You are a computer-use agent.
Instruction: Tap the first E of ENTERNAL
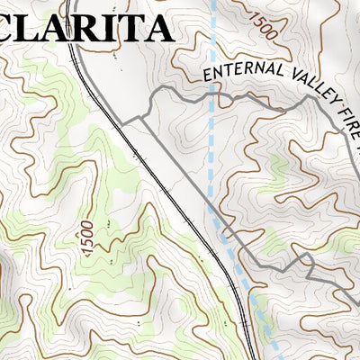point(209,77)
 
